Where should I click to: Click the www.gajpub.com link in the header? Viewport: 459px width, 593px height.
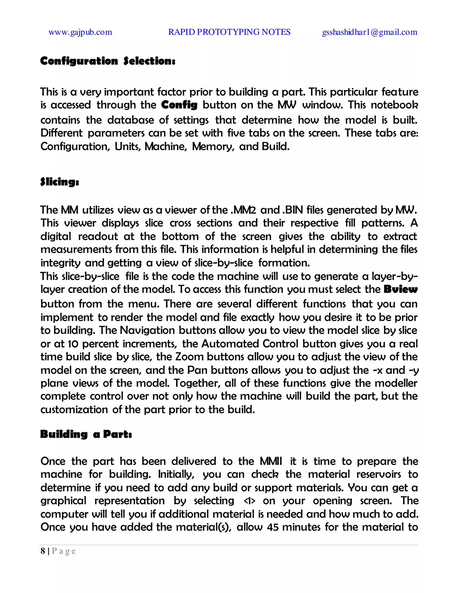pos(80,32)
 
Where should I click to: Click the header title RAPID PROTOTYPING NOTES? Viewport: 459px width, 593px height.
pos(229,32)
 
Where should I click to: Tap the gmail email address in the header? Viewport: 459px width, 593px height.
pos(370,32)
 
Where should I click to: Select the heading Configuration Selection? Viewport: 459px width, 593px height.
pos(108,61)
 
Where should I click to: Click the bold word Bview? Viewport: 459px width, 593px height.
pos(400,289)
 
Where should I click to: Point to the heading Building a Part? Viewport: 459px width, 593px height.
pos(86,434)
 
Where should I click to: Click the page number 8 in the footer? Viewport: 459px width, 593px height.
pos(43,551)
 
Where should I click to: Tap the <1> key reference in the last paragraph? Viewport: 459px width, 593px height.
pos(250,501)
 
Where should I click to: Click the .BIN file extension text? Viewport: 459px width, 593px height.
pos(294,210)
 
